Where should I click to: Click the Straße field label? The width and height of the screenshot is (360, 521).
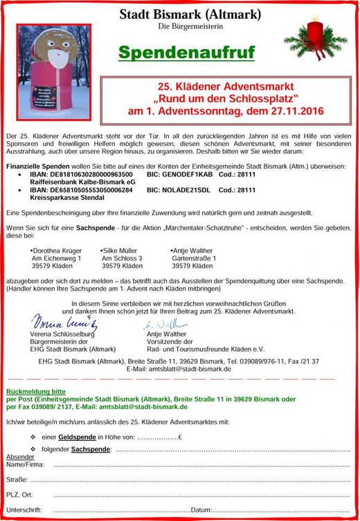pyautogui.click(x=17, y=479)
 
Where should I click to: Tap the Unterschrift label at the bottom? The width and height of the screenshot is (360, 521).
pyautogui.click(x=24, y=510)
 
